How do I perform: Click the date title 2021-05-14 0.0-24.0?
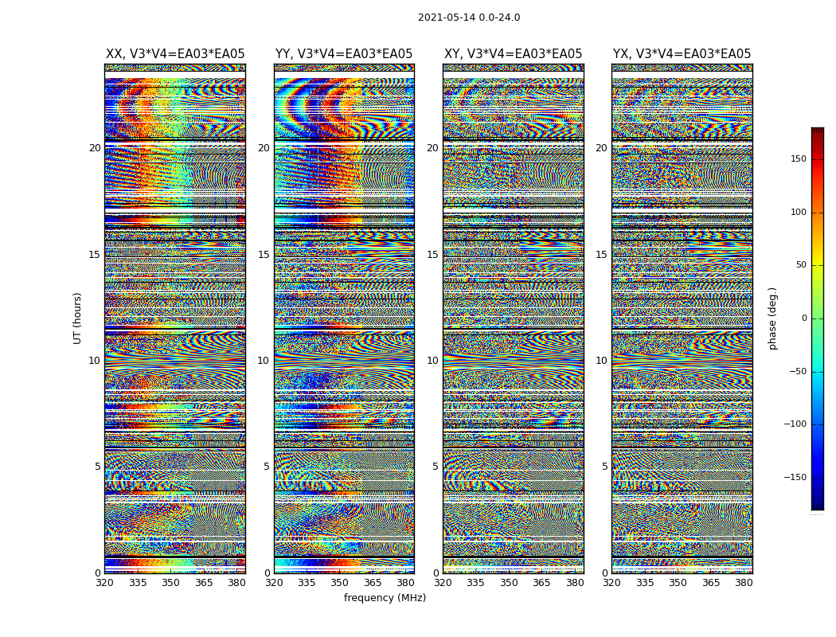click(x=469, y=18)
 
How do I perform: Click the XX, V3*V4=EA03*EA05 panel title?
click(x=175, y=54)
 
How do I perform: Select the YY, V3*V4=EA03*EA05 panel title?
click(x=344, y=54)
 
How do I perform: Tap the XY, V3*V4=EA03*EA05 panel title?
click(x=513, y=54)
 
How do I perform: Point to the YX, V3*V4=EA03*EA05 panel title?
click(x=682, y=54)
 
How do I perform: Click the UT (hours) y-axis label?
click(x=77, y=318)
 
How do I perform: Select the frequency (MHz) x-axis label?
click(x=385, y=598)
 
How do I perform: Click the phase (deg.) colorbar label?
click(x=772, y=318)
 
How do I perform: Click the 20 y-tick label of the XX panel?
click(x=95, y=148)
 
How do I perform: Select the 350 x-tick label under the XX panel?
click(x=170, y=583)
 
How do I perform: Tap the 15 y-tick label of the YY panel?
click(x=264, y=255)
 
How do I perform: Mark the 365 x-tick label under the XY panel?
click(x=541, y=583)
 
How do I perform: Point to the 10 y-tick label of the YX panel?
click(x=601, y=361)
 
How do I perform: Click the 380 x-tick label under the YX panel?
click(x=744, y=583)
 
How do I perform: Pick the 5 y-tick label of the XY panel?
click(x=436, y=467)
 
